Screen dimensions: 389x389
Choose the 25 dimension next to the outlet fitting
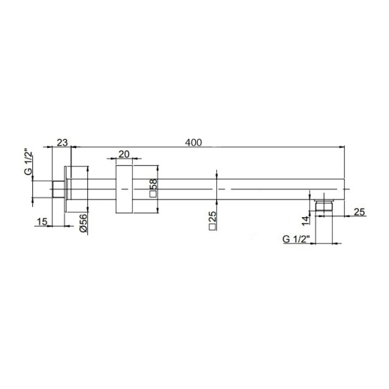359,213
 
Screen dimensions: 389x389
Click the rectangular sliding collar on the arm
124,191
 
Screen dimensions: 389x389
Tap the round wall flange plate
70,191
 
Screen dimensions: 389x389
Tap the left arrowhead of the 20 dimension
113,159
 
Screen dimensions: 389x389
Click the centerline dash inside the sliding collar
124,191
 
